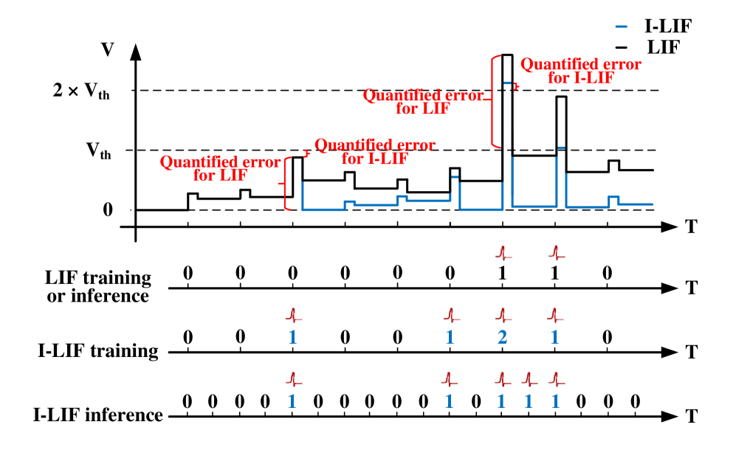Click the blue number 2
(502, 338)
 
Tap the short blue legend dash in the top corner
(622, 27)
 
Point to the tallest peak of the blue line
(507, 83)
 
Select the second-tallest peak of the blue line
(561, 148)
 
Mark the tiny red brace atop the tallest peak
(517, 86)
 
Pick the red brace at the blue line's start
(286, 183)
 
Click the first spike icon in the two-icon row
(503, 253)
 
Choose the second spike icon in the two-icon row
(556, 253)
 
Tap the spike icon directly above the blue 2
(503, 315)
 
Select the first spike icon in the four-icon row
(293, 315)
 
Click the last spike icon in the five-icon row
(556, 379)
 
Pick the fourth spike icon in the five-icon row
(529, 379)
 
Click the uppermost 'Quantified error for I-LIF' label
(580, 71)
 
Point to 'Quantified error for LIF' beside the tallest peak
(423, 102)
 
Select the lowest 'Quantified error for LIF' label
(220, 168)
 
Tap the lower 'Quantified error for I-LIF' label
(374, 151)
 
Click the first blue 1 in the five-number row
(292, 402)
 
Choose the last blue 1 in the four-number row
(554, 338)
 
